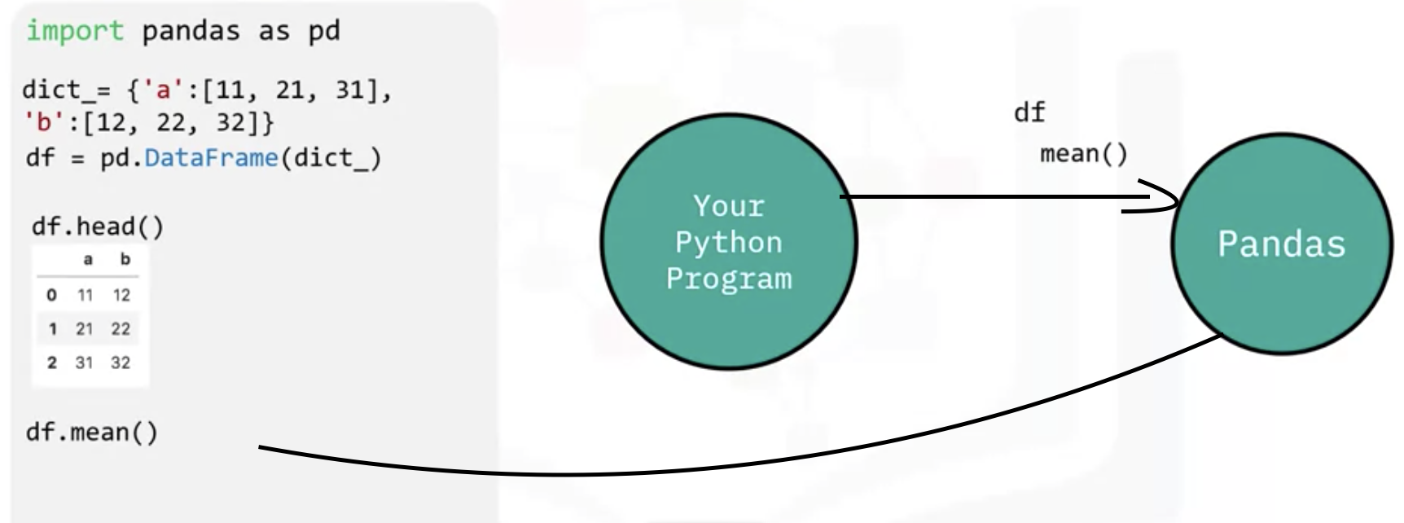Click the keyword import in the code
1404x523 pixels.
(x=74, y=31)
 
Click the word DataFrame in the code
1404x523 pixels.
(x=211, y=157)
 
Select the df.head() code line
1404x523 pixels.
(x=97, y=226)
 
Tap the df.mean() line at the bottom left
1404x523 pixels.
(x=92, y=432)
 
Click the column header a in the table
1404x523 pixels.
(x=88, y=260)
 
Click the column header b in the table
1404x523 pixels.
(x=125, y=260)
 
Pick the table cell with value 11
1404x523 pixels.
(x=85, y=295)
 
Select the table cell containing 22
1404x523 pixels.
(x=121, y=329)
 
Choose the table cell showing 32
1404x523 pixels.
(x=121, y=363)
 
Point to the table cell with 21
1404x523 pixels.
(x=85, y=329)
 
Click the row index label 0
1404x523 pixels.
(x=52, y=295)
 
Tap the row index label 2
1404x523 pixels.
(x=52, y=363)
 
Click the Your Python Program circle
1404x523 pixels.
(x=729, y=242)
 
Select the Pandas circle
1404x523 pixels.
(x=1281, y=244)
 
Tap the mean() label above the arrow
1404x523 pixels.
(x=1083, y=154)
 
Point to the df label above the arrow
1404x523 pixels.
(x=1029, y=112)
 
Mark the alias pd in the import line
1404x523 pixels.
(x=323, y=31)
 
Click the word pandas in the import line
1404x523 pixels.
(x=191, y=31)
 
